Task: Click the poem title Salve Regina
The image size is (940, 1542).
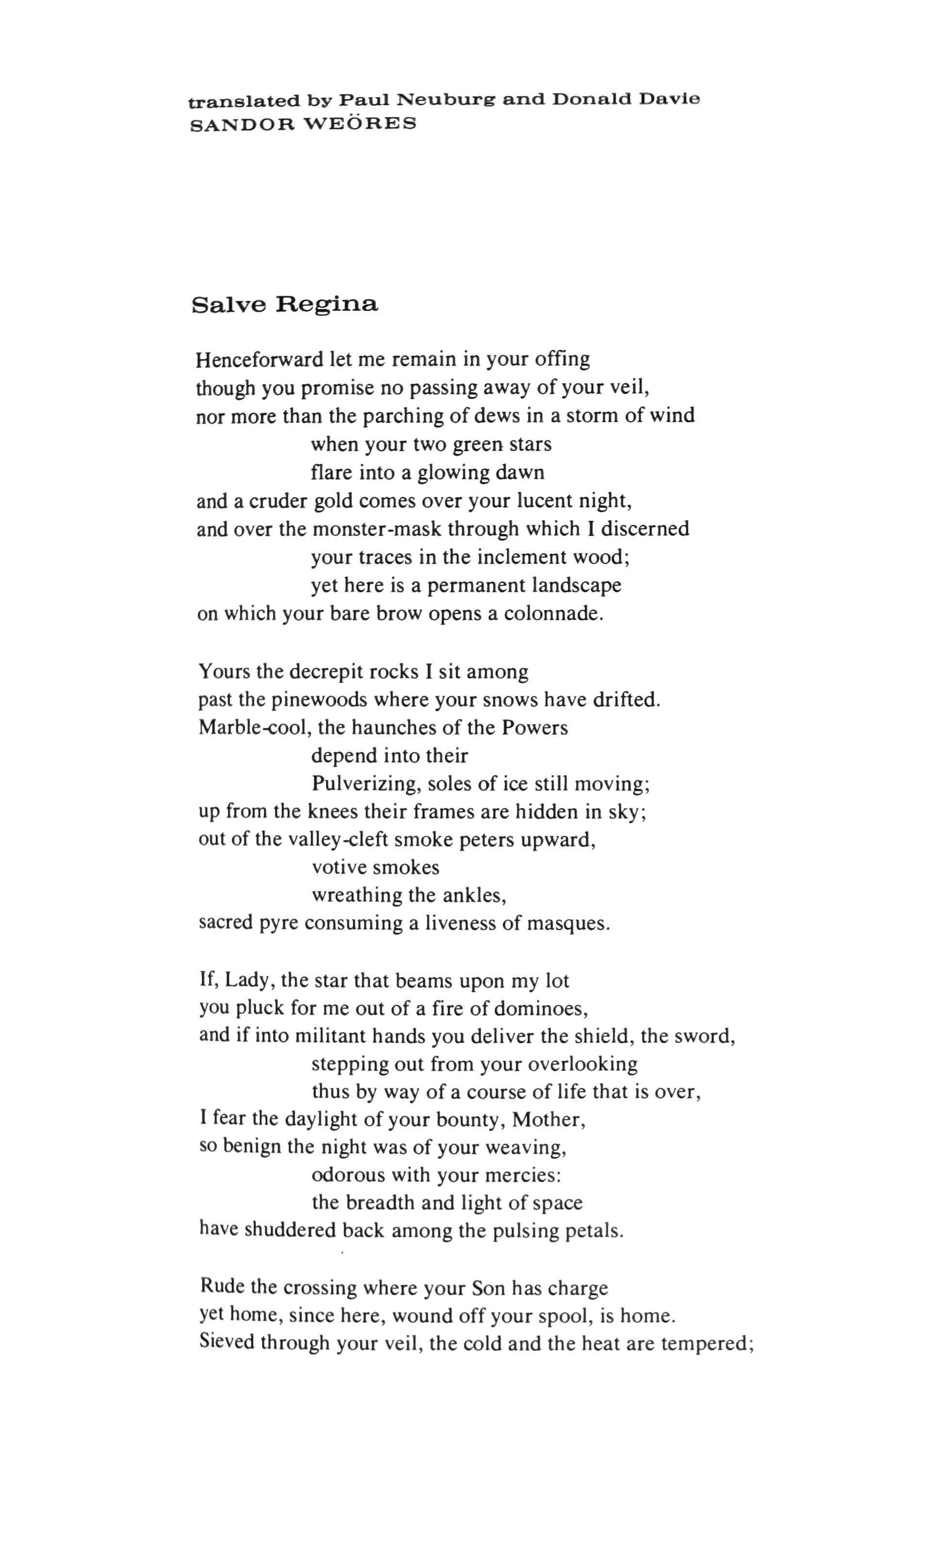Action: tap(285, 305)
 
